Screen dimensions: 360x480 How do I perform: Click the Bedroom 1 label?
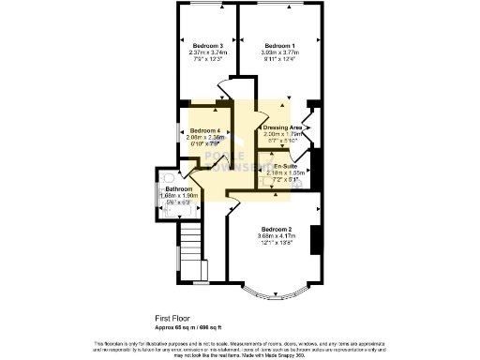(279, 46)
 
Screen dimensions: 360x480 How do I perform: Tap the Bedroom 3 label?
(207, 46)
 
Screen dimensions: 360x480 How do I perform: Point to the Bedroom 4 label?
(204, 130)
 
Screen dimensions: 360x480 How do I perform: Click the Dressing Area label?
(282, 127)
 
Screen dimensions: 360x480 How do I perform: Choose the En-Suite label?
(278, 166)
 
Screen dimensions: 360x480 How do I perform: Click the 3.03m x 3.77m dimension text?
(279, 52)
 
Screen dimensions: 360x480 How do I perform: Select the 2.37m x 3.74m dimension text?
(207, 52)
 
